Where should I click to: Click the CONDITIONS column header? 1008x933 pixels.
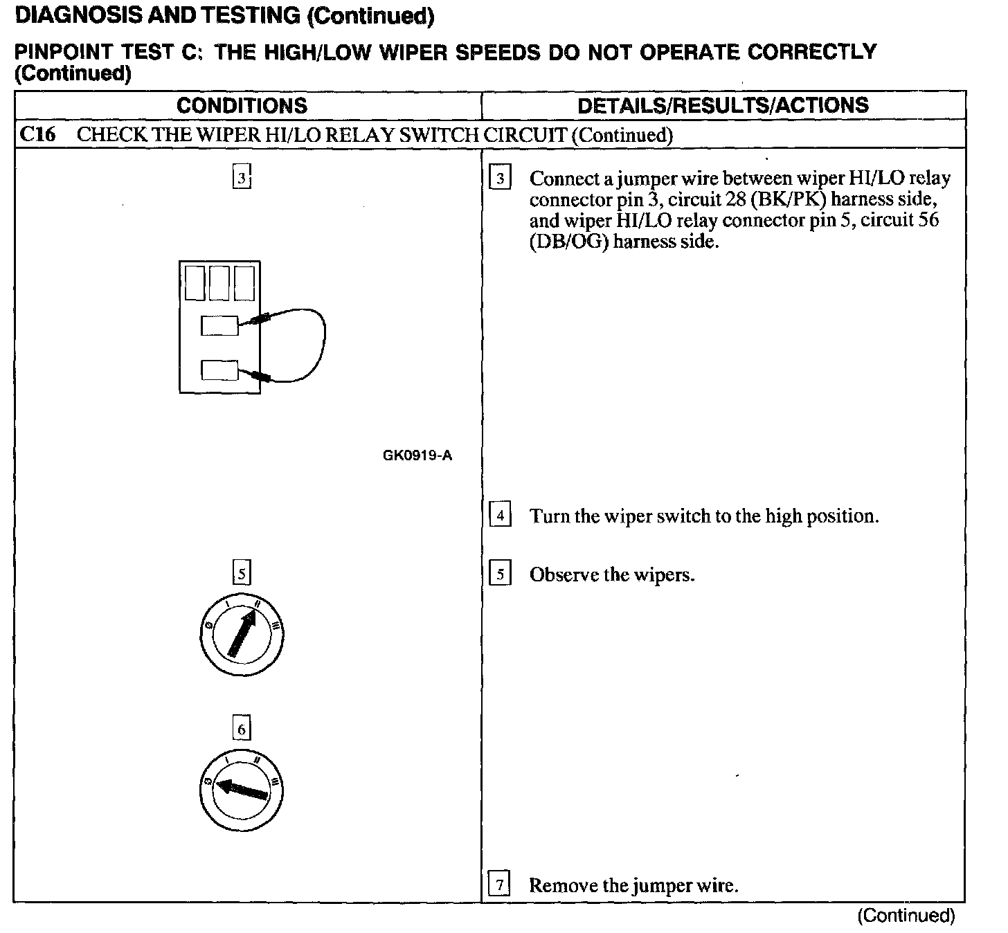point(242,105)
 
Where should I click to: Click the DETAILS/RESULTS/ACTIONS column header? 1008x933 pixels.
point(723,105)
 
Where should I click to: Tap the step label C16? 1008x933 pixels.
point(37,134)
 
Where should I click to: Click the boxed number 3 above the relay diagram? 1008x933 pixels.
point(241,178)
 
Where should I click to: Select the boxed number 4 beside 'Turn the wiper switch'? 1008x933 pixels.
point(500,516)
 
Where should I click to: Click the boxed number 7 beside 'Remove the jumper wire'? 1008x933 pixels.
point(499,885)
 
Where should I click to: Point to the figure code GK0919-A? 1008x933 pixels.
point(417,455)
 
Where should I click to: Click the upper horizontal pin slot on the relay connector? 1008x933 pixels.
point(219,325)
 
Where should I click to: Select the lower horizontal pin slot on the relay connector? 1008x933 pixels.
point(219,370)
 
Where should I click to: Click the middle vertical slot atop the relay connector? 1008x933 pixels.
point(219,283)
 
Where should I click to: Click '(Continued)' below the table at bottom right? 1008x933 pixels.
point(906,916)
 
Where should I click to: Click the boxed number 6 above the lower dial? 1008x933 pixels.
point(241,729)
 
